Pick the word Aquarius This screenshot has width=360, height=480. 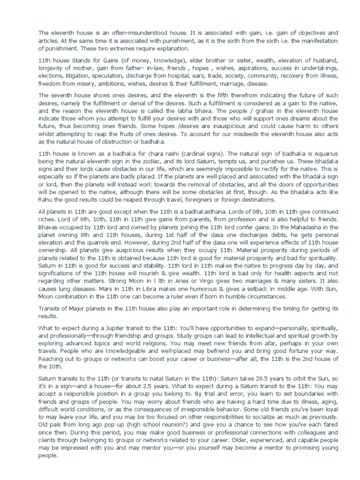pos(306,154)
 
